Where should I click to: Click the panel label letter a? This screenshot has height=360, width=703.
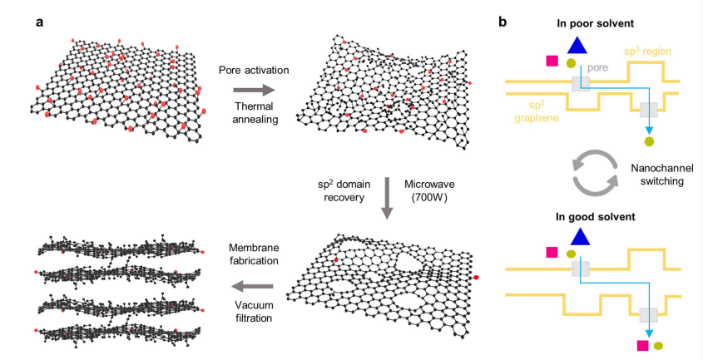point(39,22)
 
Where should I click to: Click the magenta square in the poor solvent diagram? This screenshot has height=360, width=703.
point(551,61)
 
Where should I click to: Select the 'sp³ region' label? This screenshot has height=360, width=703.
point(651,51)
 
